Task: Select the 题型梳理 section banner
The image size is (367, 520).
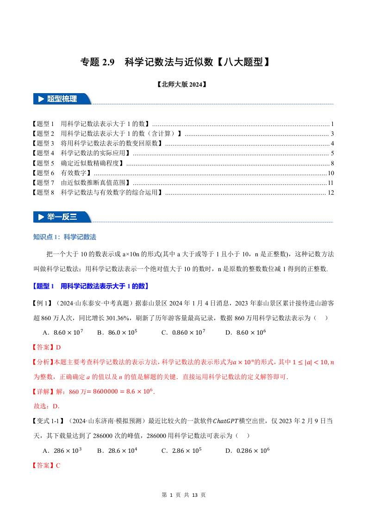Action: point(62,99)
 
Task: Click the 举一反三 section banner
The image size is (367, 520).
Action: point(62,216)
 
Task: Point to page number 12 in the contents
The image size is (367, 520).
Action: point(330,193)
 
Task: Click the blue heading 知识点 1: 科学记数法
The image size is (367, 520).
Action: point(65,237)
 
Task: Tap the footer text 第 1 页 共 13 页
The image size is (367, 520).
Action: point(183,495)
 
